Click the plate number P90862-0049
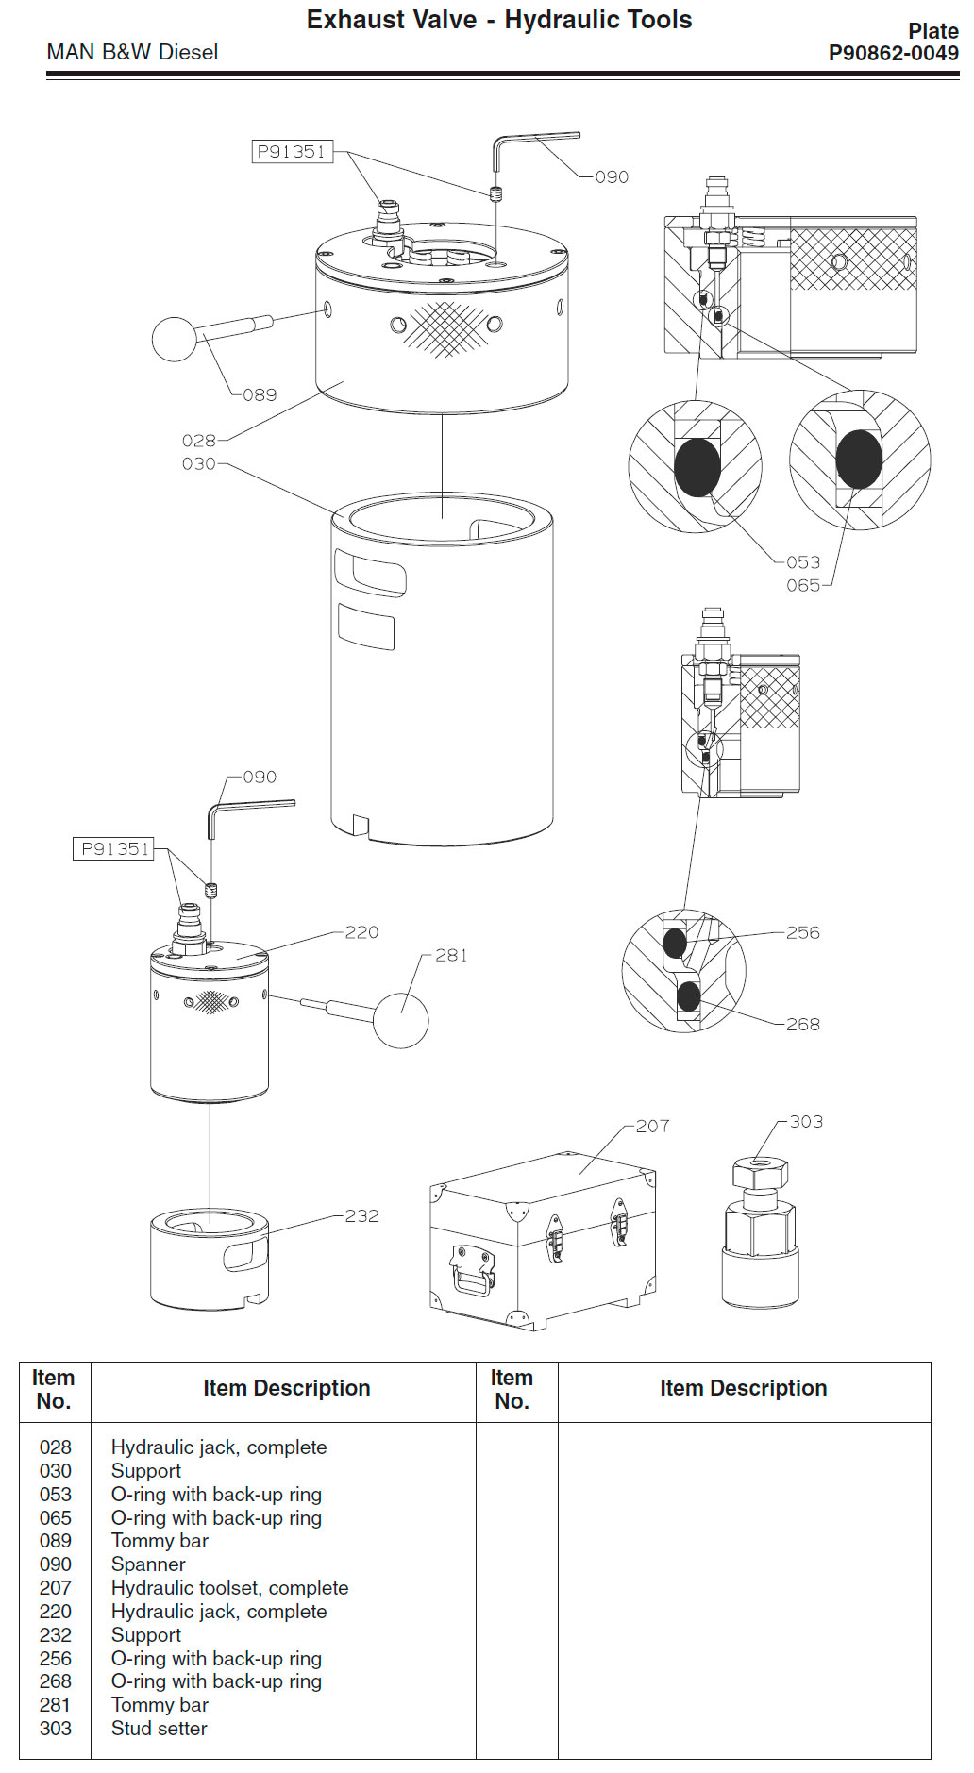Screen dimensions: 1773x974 (x=893, y=54)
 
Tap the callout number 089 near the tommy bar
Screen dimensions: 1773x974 (x=260, y=395)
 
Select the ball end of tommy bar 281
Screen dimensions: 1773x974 (x=401, y=1019)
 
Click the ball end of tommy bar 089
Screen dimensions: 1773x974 (x=175, y=340)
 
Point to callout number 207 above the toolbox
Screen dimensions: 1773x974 (x=652, y=1126)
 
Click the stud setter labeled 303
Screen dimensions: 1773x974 (x=760, y=1236)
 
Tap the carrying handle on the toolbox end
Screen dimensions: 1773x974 (x=472, y=1270)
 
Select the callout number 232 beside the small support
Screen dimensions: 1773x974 (x=361, y=1216)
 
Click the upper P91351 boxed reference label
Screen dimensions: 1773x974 (x=293, y=152)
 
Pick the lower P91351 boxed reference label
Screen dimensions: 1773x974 (x=115, y=849)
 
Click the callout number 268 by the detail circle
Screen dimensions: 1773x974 (x=803, y=1025)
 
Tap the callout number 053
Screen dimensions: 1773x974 (x=803, y=562)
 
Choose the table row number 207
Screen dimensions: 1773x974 (x=56, y=1588)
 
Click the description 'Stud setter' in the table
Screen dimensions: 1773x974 (x=159, y=1729)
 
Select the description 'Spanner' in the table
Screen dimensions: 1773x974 (x=148, y=1564)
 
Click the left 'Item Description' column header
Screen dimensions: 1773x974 (x=286, y=1388)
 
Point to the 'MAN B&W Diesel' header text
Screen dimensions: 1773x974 (x=132, y=53)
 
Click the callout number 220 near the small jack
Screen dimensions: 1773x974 (x=361, y=932)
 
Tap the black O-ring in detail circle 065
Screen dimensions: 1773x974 (x=859, y=460)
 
